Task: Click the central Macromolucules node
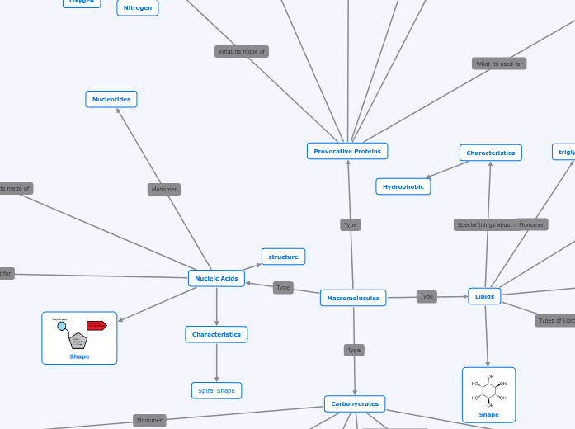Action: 353,298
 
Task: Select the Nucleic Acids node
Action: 216,278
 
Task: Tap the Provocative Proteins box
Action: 347,151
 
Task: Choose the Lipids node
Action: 484,296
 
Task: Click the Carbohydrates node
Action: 355,403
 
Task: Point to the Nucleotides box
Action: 111,99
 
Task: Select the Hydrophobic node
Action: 403,186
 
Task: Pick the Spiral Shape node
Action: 216,390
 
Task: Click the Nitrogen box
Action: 138,7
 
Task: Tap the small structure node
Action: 283,257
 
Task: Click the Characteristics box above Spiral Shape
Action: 216,334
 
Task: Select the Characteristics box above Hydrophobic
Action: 490,153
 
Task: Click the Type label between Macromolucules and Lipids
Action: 427,296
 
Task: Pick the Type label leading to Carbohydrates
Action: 354,350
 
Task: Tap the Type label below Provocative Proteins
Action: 351,224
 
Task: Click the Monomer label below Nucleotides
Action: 164,189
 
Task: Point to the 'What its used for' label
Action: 499,64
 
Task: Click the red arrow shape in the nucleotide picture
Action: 97,325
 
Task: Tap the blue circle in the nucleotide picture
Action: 62,327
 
